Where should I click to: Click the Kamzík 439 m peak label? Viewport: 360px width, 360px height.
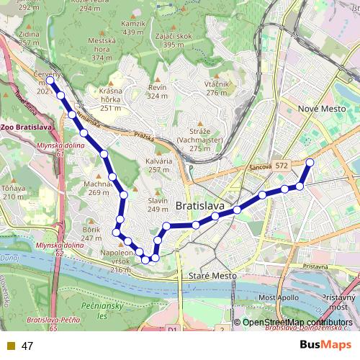point(134,28)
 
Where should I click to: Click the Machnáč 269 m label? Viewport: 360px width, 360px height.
point(99,188)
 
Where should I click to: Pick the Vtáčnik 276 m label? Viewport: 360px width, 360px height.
point(217,88)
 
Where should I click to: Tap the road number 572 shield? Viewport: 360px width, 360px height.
point(281,166)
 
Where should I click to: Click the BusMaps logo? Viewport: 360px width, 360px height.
point(321,345)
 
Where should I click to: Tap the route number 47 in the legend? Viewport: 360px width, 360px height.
point(27,346)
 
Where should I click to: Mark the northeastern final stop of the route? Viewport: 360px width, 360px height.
point(310,162)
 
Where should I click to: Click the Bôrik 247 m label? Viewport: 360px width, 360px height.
point(91,233)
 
